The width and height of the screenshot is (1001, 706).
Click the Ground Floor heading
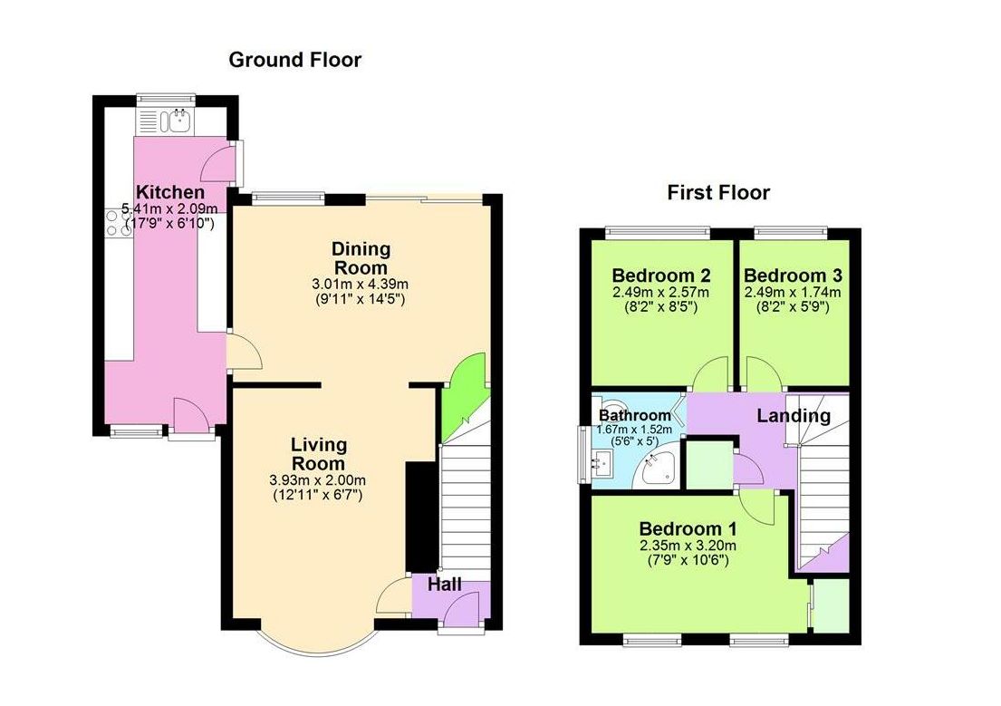click(x=294, y=61)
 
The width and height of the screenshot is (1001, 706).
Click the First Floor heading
click(x=718, y=192)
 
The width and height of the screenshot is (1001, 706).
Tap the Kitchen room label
click(x=170, y=192)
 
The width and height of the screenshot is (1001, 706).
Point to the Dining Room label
click(x=361, y=258)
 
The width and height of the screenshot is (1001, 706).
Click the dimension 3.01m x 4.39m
click(x=361, y=284)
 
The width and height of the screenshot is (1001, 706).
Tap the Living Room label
click(x=319, y=454)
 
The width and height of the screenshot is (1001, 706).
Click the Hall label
click(x=445, y=585)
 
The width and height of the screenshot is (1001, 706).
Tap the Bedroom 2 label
click(x=660, y=276)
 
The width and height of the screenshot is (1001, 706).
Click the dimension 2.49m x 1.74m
click(x=793, y=293)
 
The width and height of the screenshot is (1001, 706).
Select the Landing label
click(x=794, y=416)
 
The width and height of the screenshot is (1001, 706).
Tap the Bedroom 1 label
click(x=688, y=528)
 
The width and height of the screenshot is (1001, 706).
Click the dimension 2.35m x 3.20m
click(x=688, y=546)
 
